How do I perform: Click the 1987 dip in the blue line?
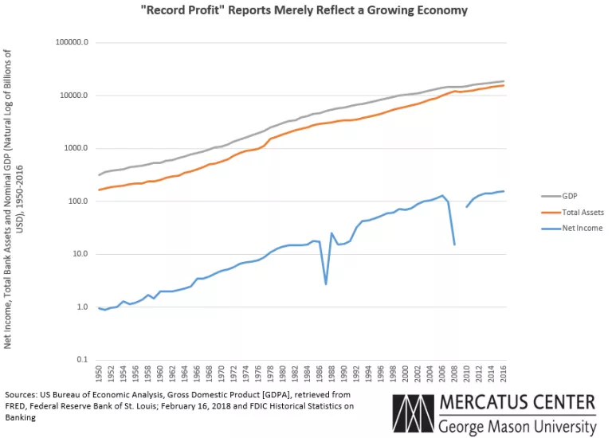pos(326,284)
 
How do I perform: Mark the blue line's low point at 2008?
pos(454,244)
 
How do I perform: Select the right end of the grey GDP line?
pos(504,81)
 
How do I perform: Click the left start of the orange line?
pos(99,190)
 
